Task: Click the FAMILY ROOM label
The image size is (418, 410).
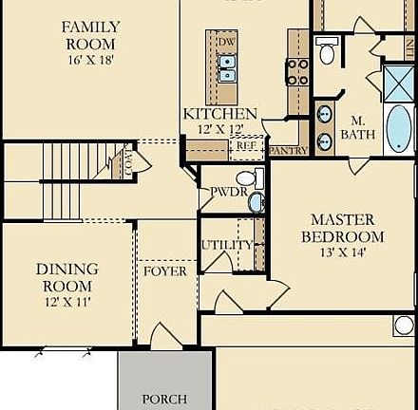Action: pos(90,35)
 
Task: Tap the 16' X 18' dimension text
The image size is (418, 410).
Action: pos(90,60)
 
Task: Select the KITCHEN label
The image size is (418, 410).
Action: pos(219,114)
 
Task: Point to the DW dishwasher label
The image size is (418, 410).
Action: pos(226,44)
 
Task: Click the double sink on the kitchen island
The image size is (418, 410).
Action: pos(227,66)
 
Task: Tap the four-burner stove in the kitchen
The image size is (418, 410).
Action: pos(296,72)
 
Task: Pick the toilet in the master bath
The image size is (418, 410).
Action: pos(327,53)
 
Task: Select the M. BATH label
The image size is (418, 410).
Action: pos(359,128)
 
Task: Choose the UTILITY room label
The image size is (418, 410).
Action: pos(226,245)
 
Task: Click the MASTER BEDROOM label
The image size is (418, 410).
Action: pos(343,228)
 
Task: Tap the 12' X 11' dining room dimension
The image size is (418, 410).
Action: pos(66,303)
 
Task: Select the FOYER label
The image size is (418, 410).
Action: pos(164,271)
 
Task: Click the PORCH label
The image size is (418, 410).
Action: pos(164,400)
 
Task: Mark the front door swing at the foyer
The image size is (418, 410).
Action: pos(161,334)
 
